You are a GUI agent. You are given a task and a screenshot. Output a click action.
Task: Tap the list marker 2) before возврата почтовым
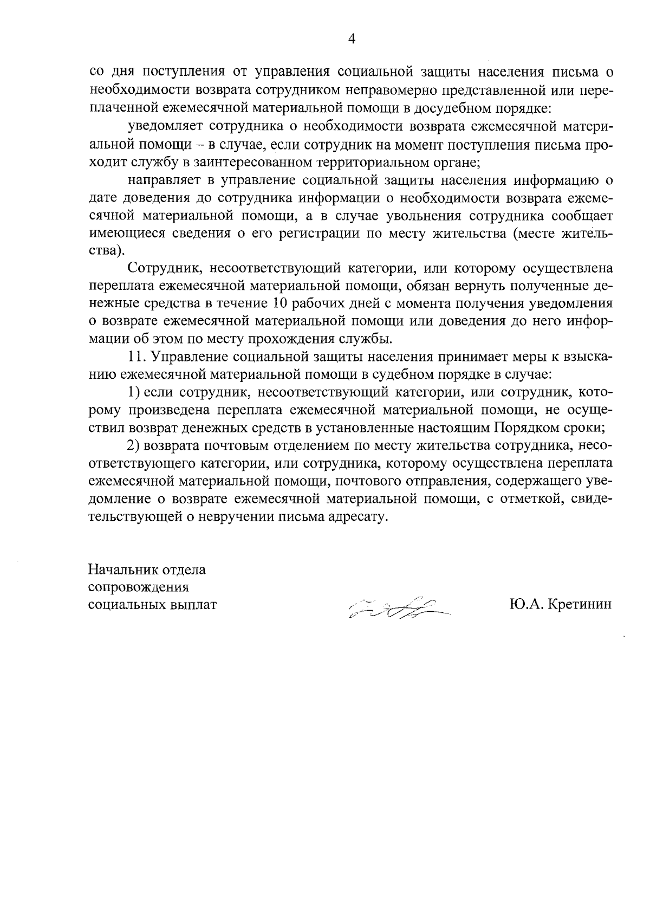134,445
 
